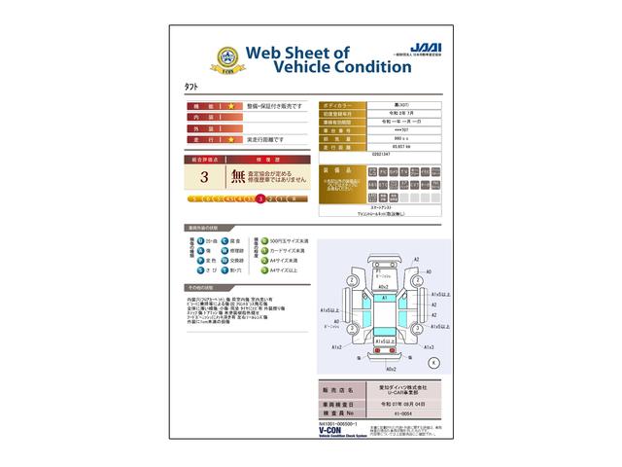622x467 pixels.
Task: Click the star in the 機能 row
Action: (x=232, y=104)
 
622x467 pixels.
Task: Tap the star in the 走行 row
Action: (x=232, y=140)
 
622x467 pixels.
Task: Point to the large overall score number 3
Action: (x=204, y=177)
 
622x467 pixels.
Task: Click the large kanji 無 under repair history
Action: (x=238, y=177)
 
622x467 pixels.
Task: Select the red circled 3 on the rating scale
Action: (x=259, y=198)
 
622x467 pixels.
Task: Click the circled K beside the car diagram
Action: (x=433, y=362)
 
